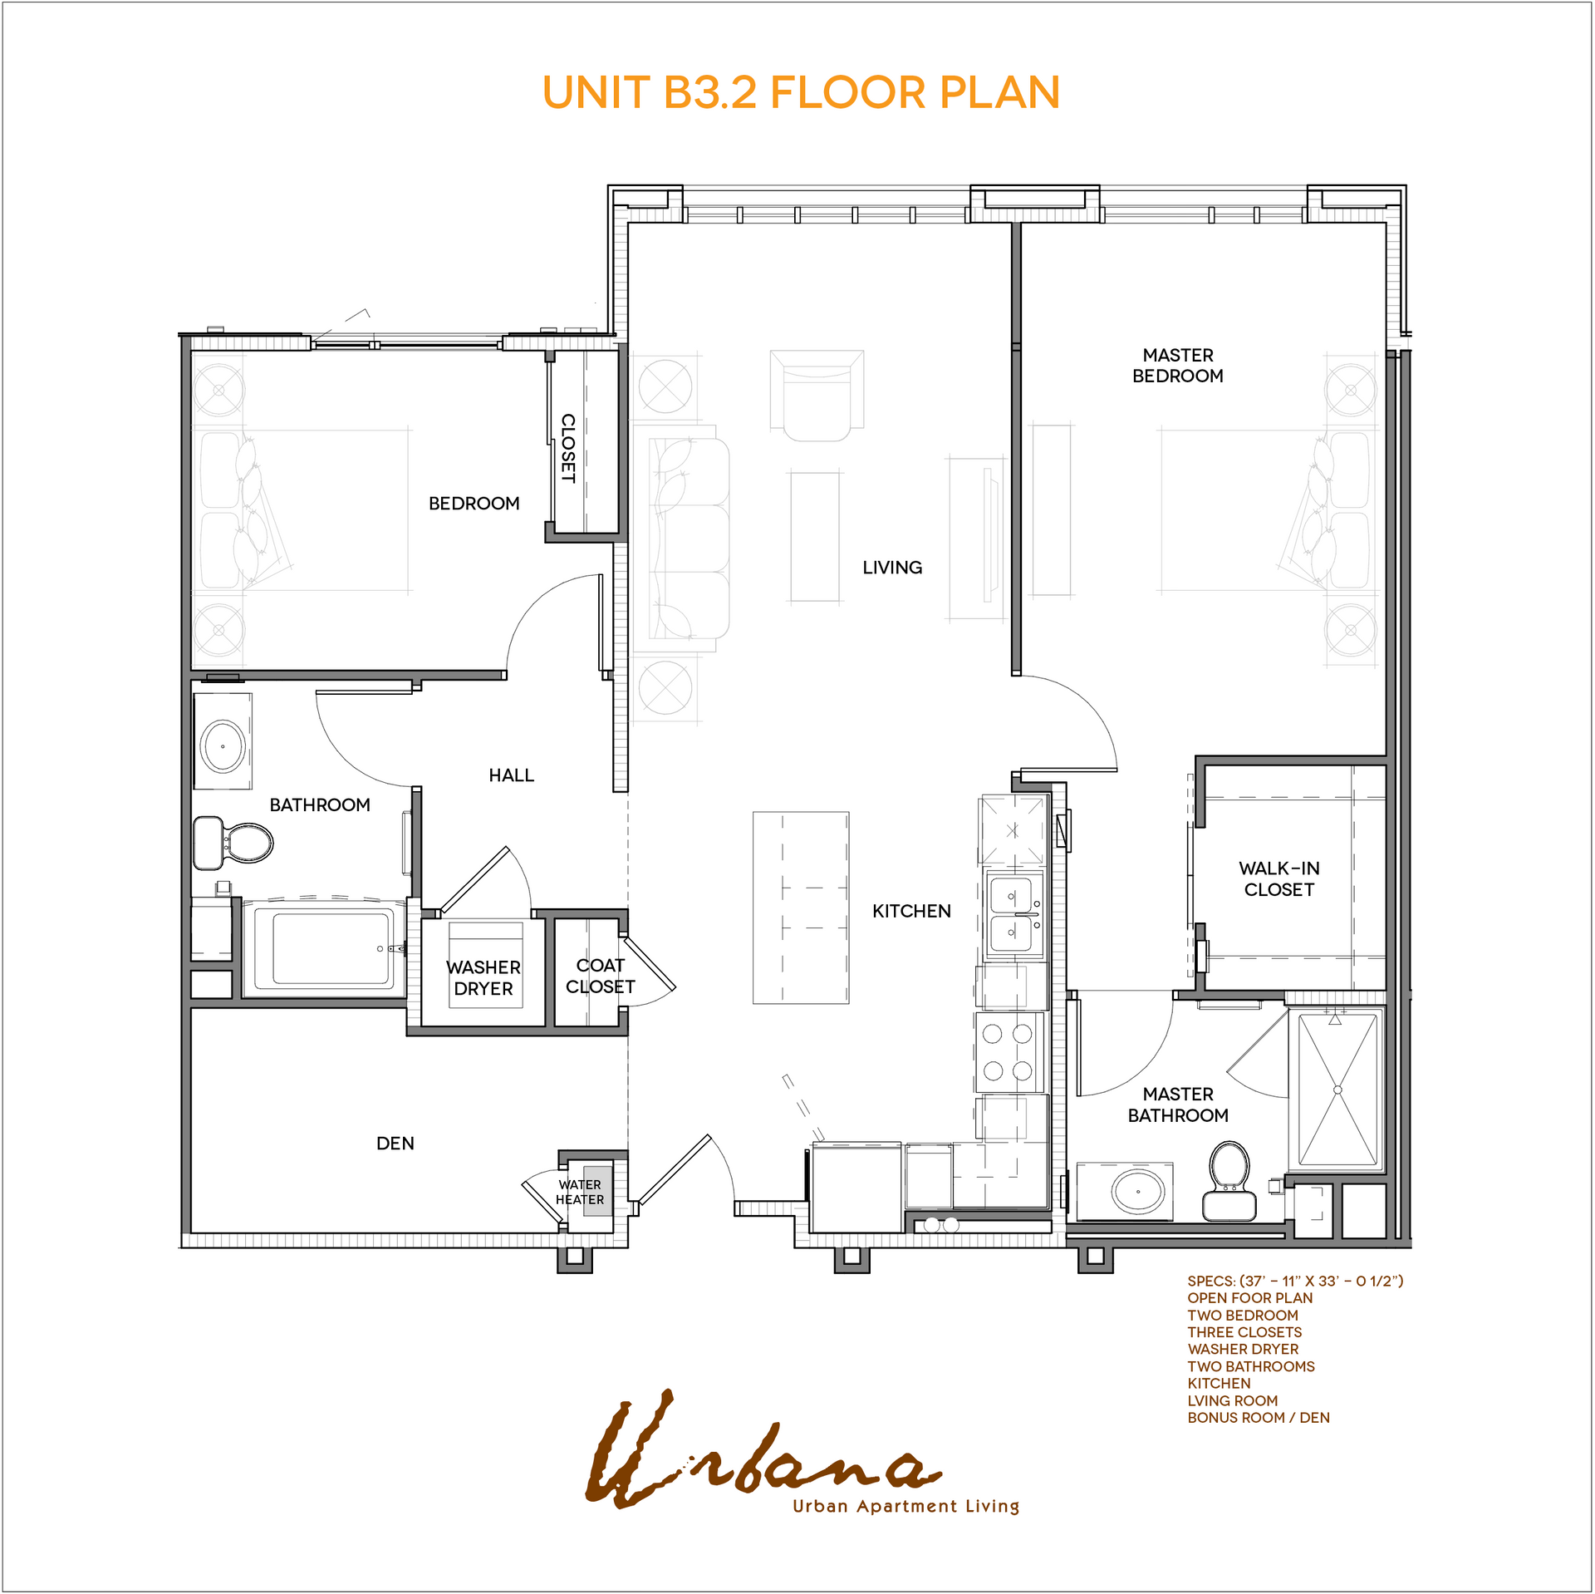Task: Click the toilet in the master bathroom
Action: (1229, 1181)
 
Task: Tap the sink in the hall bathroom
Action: (223, 745)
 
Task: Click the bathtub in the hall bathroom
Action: (325, 948)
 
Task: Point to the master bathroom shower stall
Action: (1337, 1090)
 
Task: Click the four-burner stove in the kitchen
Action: (1009, 1051)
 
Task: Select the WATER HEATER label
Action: (580, 1192)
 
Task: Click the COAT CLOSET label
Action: (600, 976)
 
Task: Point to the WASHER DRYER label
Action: (483, 978)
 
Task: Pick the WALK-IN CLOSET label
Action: (1279, 878)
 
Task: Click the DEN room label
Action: (395, 1144)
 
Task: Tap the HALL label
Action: (512, 775)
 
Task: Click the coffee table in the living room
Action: (815, 537)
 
